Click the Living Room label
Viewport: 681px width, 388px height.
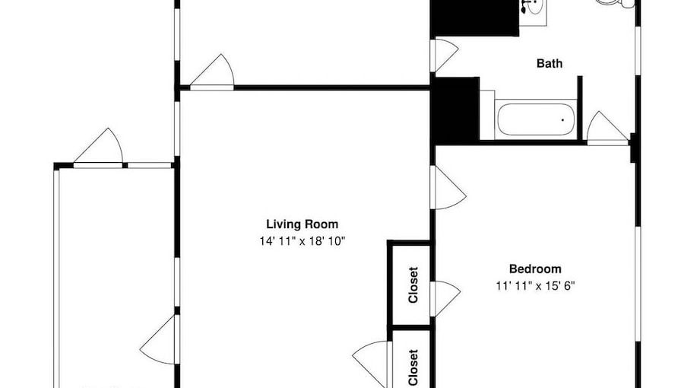click(302, 224)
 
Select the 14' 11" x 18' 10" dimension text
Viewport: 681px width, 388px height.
click(302, 240)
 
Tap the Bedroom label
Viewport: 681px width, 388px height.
click(535, 269)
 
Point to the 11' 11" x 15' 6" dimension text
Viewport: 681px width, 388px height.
click(536, 286)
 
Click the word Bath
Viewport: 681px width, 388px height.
click(550, 63)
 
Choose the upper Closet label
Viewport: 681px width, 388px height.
click(413, 285)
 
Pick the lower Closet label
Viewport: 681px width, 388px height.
click(413, 367)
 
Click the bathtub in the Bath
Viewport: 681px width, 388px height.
click(536, 119)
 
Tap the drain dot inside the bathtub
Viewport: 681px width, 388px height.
click(563, 119)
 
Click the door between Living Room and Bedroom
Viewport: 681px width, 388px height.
click(448, 188)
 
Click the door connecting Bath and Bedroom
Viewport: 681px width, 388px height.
click(607, 129)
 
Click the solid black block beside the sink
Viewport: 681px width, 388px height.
click(475, 17)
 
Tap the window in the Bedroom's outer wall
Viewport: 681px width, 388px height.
click(638, 284)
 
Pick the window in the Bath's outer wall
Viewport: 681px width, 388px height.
click(638, 51)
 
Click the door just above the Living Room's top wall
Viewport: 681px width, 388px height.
click(212, 72)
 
